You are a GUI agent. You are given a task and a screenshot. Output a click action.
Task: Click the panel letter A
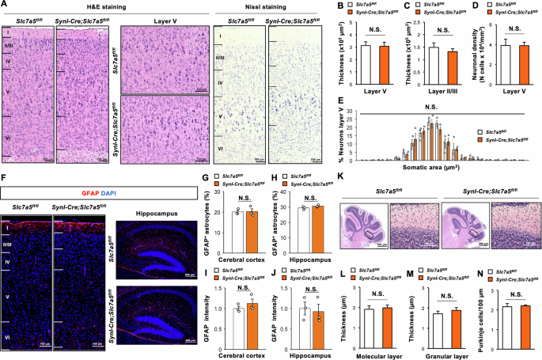[x=5, y=6]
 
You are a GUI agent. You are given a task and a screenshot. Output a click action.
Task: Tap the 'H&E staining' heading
[x=55, y=6]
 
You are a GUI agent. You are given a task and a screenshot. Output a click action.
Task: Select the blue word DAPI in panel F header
[x=100, y=192]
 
